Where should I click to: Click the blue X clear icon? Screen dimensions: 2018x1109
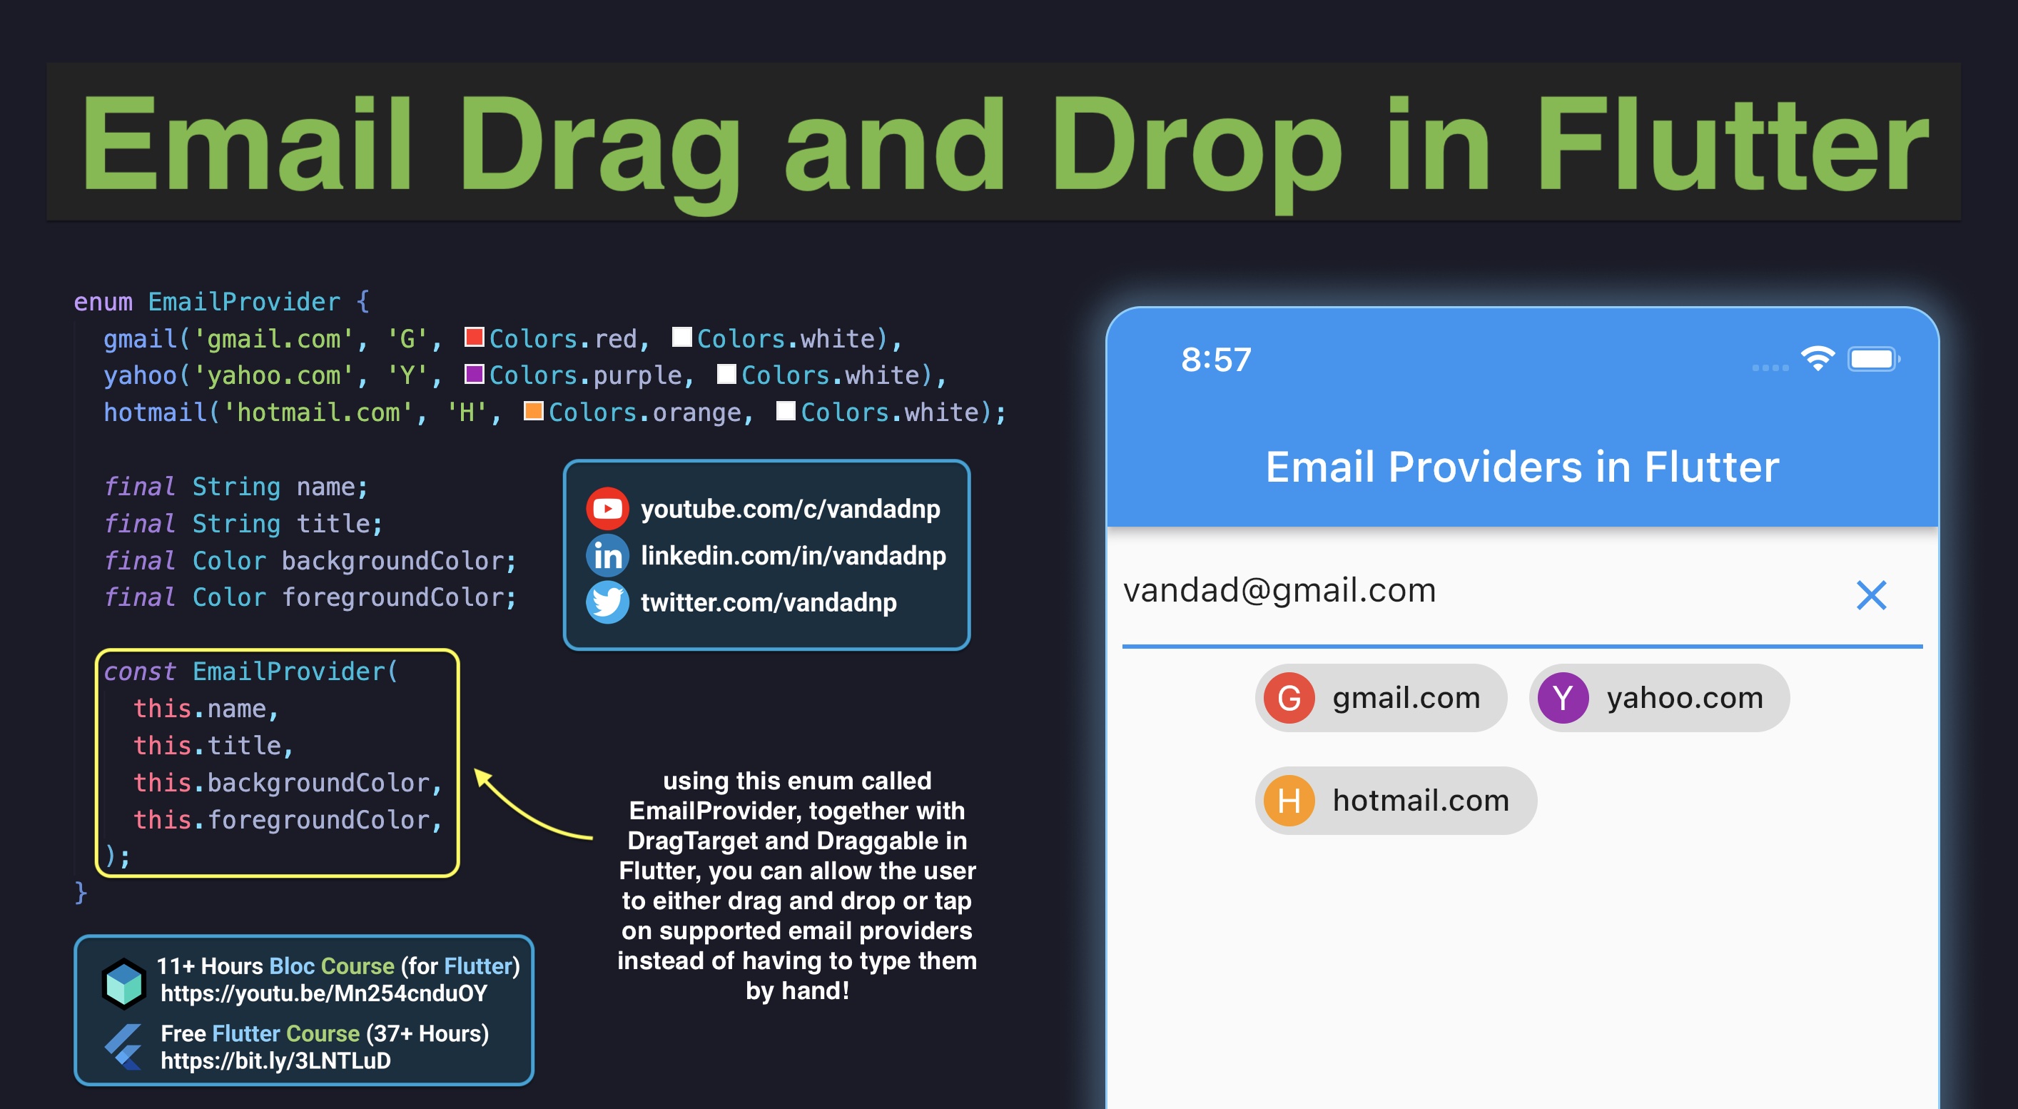pos(1871,595)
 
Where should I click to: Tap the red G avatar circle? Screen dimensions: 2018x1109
pos(1289,698)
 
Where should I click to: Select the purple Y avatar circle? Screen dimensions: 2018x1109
pos(1563,698)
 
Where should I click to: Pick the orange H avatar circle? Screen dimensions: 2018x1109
pos(1289,801)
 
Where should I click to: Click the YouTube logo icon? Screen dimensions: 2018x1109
pos(607,509)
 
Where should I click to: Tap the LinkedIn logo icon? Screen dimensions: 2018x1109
pos(607,555)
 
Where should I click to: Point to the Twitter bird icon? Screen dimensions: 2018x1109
pos(607,602)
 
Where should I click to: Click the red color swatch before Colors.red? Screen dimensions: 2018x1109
pos(474,337)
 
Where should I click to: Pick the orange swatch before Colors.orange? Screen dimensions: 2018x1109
pos(534,410)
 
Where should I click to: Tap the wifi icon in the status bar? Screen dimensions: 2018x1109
pos(1817,359)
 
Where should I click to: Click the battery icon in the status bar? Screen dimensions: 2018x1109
pos(1874,360)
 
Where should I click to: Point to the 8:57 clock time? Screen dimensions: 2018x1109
pos(1216,360)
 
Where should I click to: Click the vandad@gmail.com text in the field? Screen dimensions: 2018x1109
pos(1279,590)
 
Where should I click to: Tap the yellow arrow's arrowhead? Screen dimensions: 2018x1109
pos(482,778)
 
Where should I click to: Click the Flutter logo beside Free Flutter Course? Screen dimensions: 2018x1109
pos(123,1046)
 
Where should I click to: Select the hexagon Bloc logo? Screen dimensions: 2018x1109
pos(123,983)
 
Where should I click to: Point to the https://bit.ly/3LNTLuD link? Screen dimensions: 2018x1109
pos(275,1060)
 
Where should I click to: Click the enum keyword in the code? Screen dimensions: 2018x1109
pos(103,302)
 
